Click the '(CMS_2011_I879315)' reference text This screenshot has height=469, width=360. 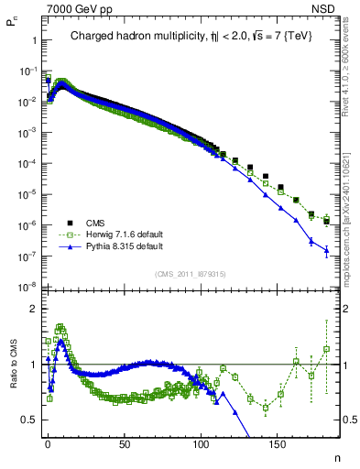[191, 274]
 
